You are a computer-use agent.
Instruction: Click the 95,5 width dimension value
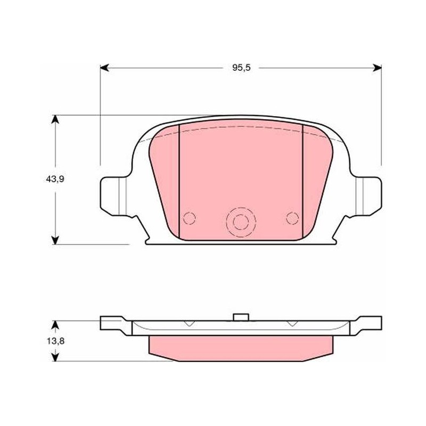241,68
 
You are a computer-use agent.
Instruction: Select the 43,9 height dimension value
55,179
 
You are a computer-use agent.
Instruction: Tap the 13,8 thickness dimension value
55,341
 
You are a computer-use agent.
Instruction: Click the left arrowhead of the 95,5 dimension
104,68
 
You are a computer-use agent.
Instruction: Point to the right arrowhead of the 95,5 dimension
377,68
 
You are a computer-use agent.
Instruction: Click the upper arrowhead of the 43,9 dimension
55,119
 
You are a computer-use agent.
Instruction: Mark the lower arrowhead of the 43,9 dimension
55,240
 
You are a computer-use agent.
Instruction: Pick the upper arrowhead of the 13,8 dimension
55,325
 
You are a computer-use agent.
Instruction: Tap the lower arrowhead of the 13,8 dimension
55,357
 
